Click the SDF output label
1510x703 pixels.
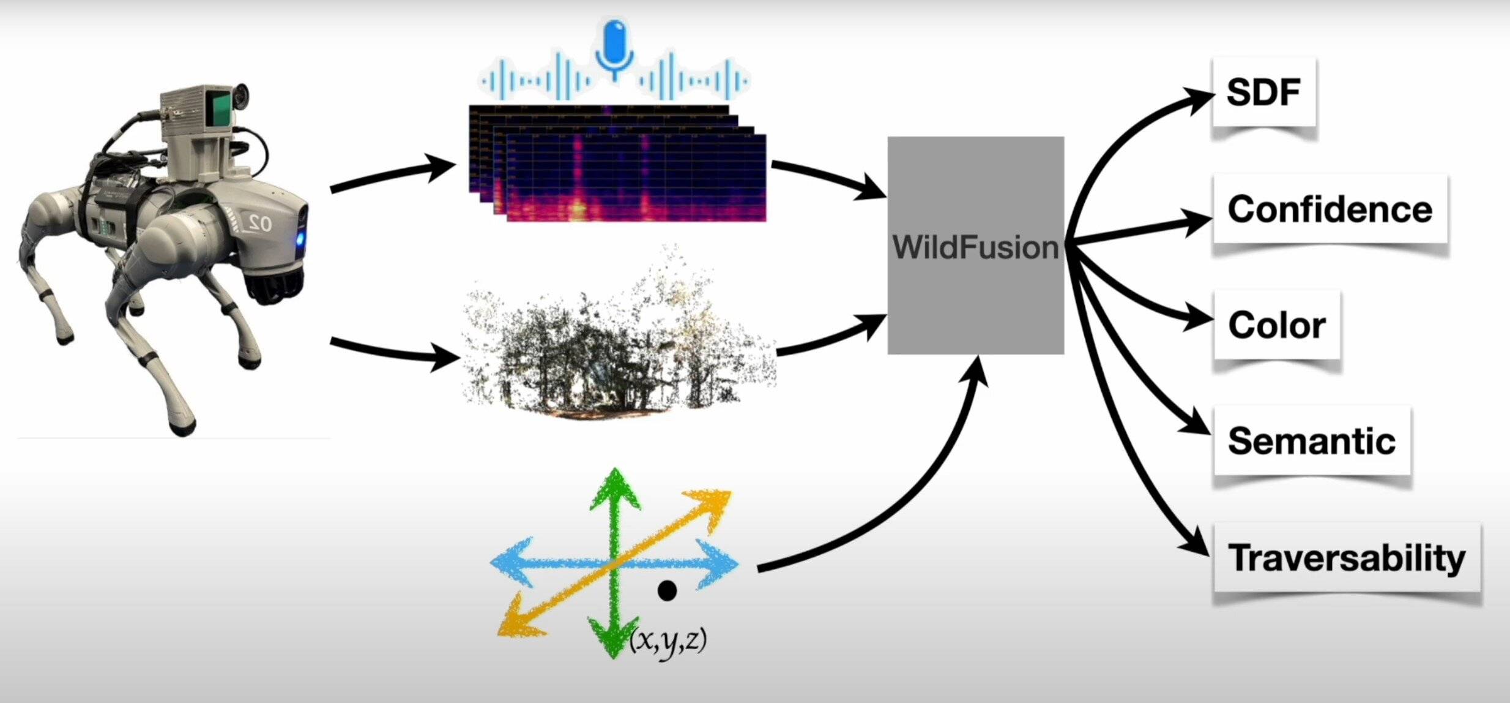pyautogui.click(x=1263, y=93)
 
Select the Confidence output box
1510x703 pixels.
pyautogui.click(x=1330, y=209)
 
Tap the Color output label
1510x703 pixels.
pyautogui.click(x=1277, y=325)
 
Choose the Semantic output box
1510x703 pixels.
pyautogui.click(x=1312, y=441)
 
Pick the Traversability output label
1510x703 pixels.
pyautogui.click(x=1347, y=558)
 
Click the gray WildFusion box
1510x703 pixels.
pyautogui.click(x=975, y=245)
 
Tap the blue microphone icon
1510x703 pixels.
pyautogui.click(x=614, y=46)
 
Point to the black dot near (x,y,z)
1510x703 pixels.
pyautogui.click(x=666, y=590)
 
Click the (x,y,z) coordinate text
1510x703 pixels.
pyautogui.click(x=668, y=640)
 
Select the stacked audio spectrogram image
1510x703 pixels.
pyautogui.click(x=618, y=165)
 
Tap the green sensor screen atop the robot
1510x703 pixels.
pyautogui.click(x=218, y=110)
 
